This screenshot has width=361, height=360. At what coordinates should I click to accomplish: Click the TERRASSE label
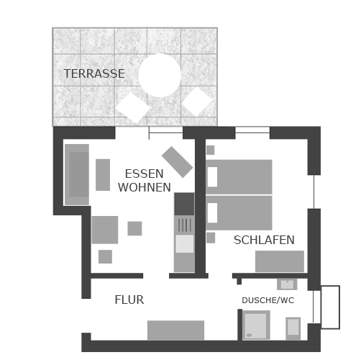pyautogui.click(x=94, y=73)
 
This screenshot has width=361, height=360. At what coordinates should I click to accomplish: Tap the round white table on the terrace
pyautogui.click(x=160, y=75)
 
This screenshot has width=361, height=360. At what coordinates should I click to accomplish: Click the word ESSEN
pyautogui.click(x=145, y=174)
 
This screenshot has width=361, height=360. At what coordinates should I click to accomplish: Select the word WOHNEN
pyautogui.click(x=145, y=187)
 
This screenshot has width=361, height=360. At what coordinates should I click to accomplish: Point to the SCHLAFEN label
pyautogui.click(x=264, y=240)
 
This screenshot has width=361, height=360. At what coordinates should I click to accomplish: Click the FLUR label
pyautogui.click(x=129, y=300)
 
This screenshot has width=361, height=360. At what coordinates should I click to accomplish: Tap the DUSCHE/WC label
pyautogui.click(x=268, y=300)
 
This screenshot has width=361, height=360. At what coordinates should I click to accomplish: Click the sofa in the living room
pyautogui.click(x=77, y=174)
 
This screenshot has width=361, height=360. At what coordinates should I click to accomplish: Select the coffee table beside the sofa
pyautogui.click(x=103, y=175)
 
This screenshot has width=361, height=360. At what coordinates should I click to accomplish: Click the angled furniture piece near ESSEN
pyautogui.click(x=177, y=162)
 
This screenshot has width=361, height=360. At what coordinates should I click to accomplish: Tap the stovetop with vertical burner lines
pyautogui.click(x=184, y=225)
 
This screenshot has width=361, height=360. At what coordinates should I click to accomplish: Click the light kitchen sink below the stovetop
pyautogui.click(x=185, y=243)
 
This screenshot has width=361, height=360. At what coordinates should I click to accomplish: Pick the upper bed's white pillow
pyautogui.click(x=212, y=177)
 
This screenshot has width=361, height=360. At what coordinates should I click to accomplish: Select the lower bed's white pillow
pyautogui.click(x=212, y=213)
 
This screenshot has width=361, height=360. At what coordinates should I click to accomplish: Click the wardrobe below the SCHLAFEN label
pyautogui.click(x=280, y=261)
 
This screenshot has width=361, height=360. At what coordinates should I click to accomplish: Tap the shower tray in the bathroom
pyautogui.click(x=256, y=325)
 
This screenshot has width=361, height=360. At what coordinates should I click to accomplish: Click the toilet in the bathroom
pyautogui.click(x=293, y=328)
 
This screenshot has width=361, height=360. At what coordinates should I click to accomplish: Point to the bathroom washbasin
pyautogui.click(x=287, y=284)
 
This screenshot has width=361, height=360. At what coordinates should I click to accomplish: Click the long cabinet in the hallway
pyautogui.click(x=175, y=330)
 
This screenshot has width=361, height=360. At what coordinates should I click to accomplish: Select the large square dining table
pyautogui.click(x=105, y=230)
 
